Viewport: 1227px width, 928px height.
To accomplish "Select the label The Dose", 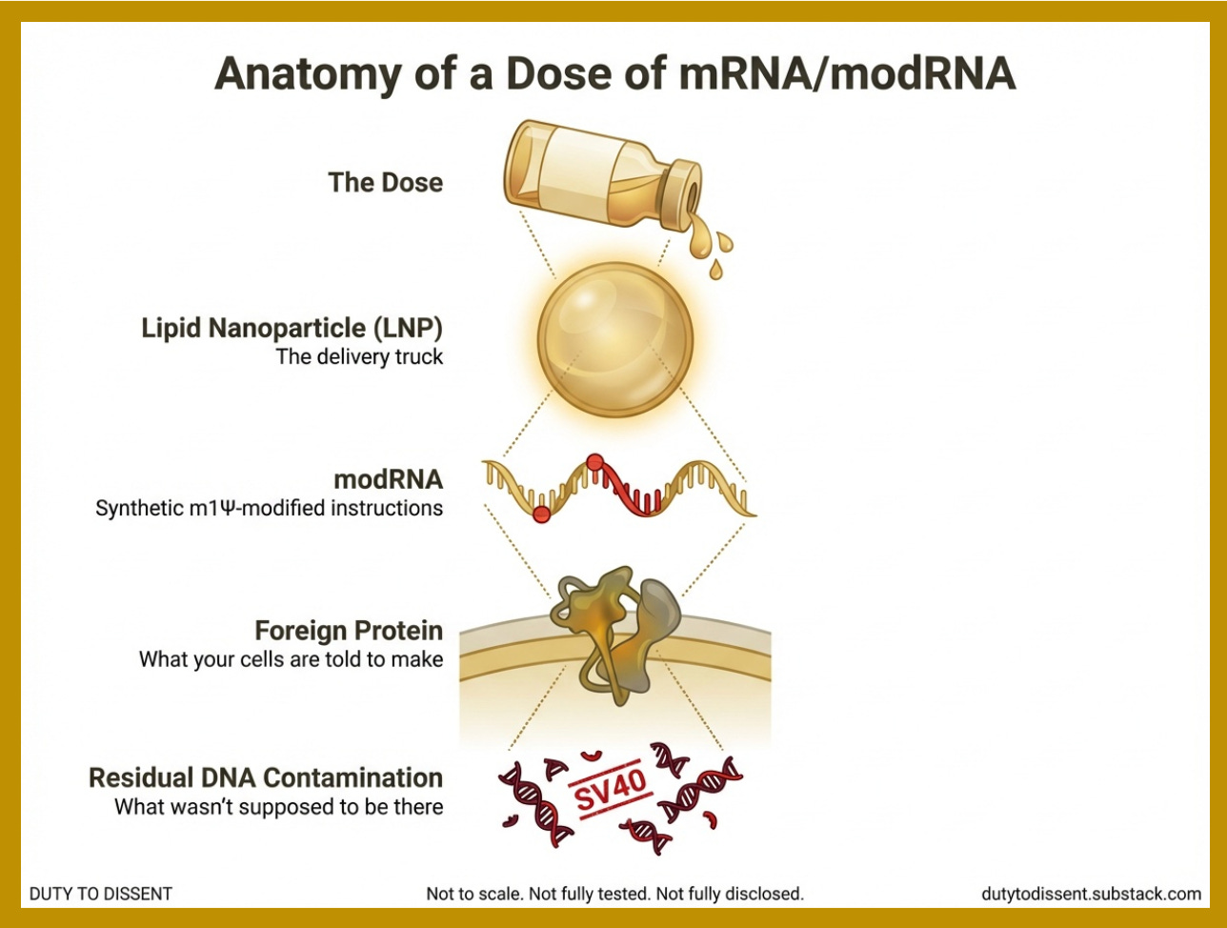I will click(x=385, y=182).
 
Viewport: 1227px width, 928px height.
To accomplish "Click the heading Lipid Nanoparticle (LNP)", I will click(x=292, y=329).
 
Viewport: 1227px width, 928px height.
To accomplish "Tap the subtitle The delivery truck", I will click(x=359, y=358).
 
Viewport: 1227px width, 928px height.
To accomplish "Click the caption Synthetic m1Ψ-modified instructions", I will click(x=269, y=508).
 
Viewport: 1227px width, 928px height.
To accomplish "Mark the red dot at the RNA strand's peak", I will click(x=595, y=463).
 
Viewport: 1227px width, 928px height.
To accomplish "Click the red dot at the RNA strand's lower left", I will click(x=541, y=514).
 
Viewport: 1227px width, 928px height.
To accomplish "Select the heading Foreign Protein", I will click(x=349, y=630).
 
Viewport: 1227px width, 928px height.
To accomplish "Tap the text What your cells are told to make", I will click(x=291, y=659).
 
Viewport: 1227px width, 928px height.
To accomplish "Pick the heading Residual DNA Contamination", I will click(x=266, y=777).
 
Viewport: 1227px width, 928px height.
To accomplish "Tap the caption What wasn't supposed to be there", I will click(x=278, y=807).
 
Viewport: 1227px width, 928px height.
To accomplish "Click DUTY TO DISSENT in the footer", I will click(x=101, y=894).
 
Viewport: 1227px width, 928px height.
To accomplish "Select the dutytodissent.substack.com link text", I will click(x=1091, y=894).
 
